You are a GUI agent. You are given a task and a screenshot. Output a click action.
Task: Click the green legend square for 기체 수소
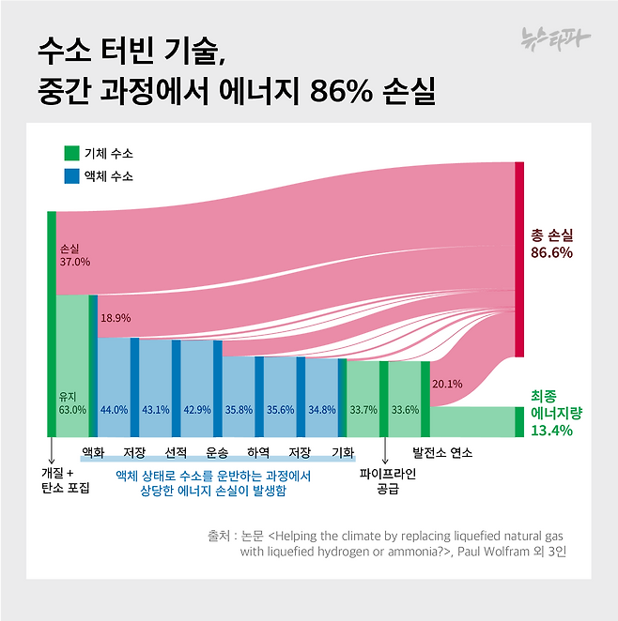pyautogui.click(x=71, y=153)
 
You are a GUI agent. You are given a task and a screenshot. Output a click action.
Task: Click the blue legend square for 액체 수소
pyautogui.click(x=71, y=175)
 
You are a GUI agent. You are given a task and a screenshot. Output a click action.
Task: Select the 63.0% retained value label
pyautogui.click(x=72, y=409)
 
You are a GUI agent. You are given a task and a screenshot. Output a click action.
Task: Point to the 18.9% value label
pyautogui.click(x=116, y=318)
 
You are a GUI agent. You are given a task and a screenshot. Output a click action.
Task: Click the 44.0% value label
pyautogui.click(x=114, y=409)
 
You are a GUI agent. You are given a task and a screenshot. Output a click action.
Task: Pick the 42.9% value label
pyautogui.click(x=196, y=409)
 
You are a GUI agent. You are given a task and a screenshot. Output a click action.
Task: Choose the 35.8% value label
pyautogui.click(x=239, y=409)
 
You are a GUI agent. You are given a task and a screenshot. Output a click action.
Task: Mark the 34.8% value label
pyautogui.click(x=321, y=409)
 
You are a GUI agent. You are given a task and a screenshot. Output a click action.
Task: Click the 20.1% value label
pyautogui.click(x=447, y=383)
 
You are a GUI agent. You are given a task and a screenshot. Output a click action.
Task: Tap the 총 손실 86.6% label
pyautogui.click(x=551, y=243)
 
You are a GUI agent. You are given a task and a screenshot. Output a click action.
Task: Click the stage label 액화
pyautogui.click(x=93, y=452)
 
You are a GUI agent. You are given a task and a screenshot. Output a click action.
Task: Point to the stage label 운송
pyautogui.click(x=217, y=452)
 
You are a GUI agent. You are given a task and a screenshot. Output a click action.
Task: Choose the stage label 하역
pyautogui.click(x=258, y=452)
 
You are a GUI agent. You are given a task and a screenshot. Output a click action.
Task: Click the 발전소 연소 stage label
pyautogui.click(x=435, y=452)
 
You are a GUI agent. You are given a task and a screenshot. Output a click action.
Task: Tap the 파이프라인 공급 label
pyautogui.click(x=387, y=480)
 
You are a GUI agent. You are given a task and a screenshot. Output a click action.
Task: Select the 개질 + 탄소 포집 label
pyautogui.click(x=65, y=480)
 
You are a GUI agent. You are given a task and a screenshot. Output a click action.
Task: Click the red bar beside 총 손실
pyautogui.click(x=518, y=259)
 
